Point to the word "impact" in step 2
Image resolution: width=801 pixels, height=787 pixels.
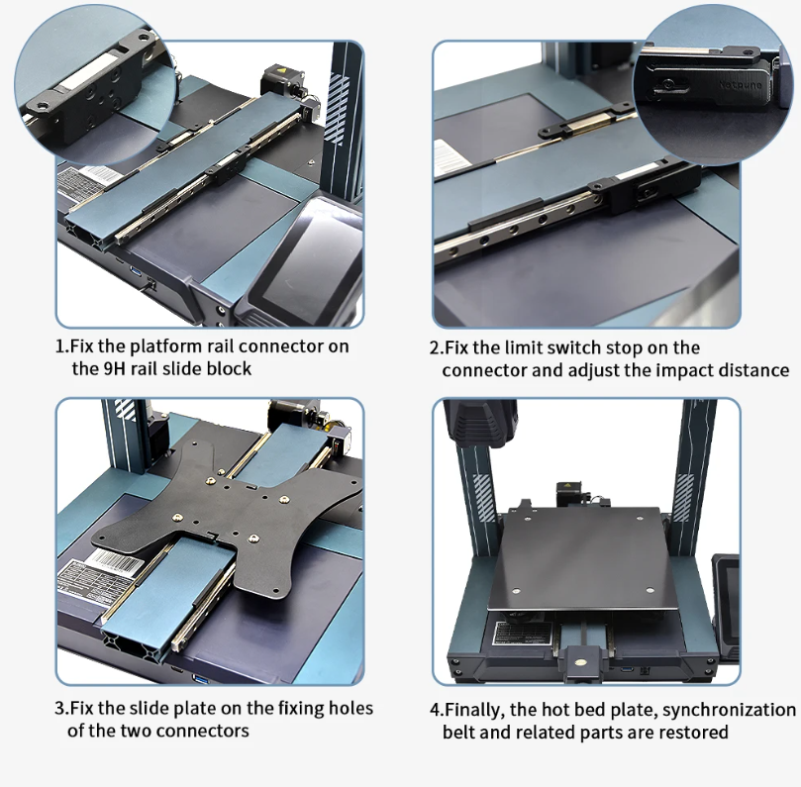[684, 370]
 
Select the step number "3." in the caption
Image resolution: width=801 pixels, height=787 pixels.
[61, 709]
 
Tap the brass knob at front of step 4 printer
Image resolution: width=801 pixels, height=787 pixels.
[580, 662]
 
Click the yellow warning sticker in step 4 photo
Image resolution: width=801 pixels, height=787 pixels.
[565, 486]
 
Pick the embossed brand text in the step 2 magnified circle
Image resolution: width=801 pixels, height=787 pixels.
[741, 85]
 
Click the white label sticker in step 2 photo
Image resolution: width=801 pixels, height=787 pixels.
[454, 156]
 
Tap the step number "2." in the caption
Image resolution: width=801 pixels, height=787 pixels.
[437, 348]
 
